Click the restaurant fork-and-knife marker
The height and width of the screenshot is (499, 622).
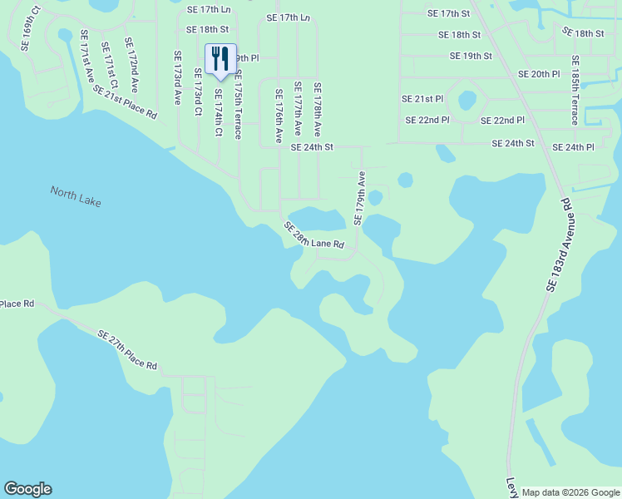pos(220,59)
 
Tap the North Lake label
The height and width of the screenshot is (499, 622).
pos(75,195)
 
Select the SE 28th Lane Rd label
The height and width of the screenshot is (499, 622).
pos(313,236)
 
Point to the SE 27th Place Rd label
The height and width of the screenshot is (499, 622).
pos(127,350)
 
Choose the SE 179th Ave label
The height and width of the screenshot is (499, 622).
pos(360,199)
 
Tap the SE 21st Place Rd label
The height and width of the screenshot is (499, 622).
pos(125,101)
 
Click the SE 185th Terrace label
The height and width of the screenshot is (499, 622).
pos(575,91)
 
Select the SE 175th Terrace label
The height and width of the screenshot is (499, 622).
pos(238,104)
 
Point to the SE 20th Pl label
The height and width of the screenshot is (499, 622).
pos(539,74)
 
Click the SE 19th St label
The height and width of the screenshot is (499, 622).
pos(471,56)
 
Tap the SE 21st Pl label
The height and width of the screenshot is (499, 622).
pos(422,99)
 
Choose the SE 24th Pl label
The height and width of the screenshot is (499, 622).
pos(580,147)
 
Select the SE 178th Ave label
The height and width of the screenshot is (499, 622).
pos(317,111)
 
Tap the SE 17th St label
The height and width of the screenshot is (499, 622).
pos(448,13)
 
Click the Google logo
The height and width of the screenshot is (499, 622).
pos(27,489)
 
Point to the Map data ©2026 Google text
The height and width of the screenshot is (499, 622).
pos(570,492)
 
